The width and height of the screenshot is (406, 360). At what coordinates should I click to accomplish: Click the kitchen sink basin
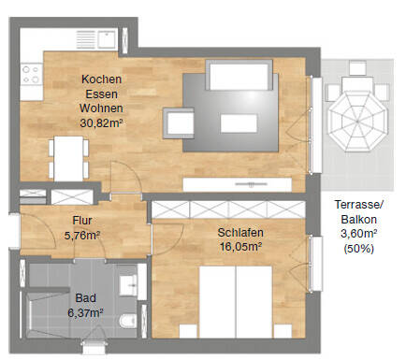point(107,39)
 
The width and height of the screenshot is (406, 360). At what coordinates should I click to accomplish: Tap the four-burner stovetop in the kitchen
point(31,74)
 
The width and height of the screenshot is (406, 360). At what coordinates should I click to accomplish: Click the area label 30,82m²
point(101,123)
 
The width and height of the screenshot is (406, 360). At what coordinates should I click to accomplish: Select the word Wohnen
point(101,108)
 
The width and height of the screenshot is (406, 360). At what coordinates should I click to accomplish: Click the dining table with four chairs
point(68,159)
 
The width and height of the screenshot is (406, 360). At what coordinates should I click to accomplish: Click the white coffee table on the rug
point(239,123)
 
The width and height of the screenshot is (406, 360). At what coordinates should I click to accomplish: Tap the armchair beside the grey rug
point(179,123)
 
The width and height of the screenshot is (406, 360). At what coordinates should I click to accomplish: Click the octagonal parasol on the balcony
point(358,121)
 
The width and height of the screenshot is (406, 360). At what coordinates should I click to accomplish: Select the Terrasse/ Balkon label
point(358,212)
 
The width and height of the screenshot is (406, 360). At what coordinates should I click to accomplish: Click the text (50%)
point(358,249)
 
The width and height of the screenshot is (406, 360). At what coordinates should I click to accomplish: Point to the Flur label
point(82,221)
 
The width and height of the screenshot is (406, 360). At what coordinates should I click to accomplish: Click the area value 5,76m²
point(82,236)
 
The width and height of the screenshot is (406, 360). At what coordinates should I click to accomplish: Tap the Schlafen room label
point(240,233)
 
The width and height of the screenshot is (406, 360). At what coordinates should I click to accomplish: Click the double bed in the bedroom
point(236,302)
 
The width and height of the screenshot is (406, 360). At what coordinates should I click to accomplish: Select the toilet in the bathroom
point(128,321)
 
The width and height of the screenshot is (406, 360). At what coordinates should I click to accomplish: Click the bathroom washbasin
point(128,285)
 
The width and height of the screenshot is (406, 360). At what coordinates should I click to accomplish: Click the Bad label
point(85,298)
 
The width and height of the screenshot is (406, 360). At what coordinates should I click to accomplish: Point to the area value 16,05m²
point(240,247)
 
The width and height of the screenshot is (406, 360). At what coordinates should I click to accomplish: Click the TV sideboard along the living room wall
point(238,184)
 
